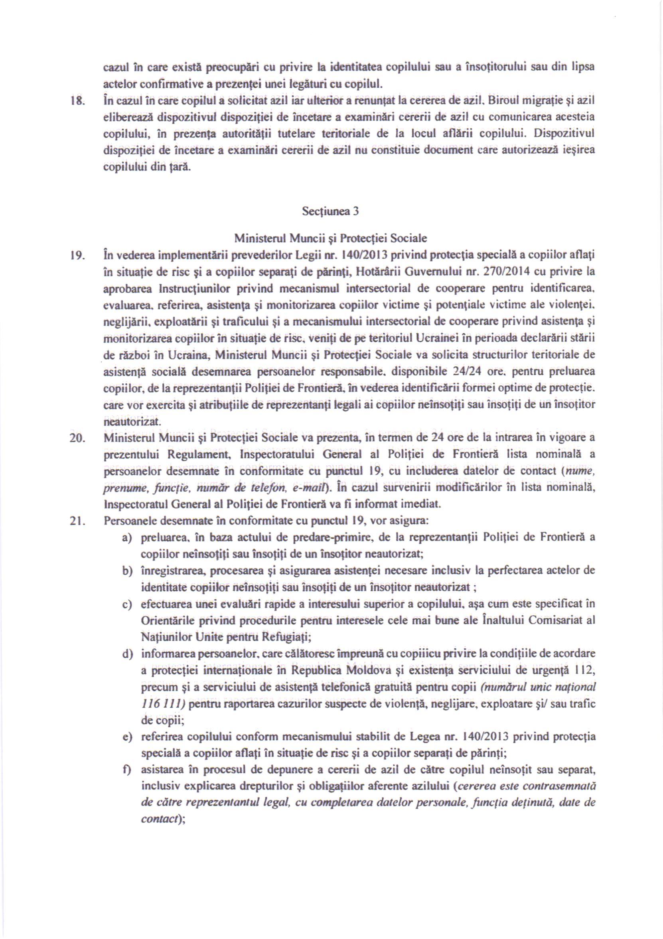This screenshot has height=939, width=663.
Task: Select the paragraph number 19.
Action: pos(78,256)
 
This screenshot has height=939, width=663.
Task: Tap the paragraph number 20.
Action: pos(78,438)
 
